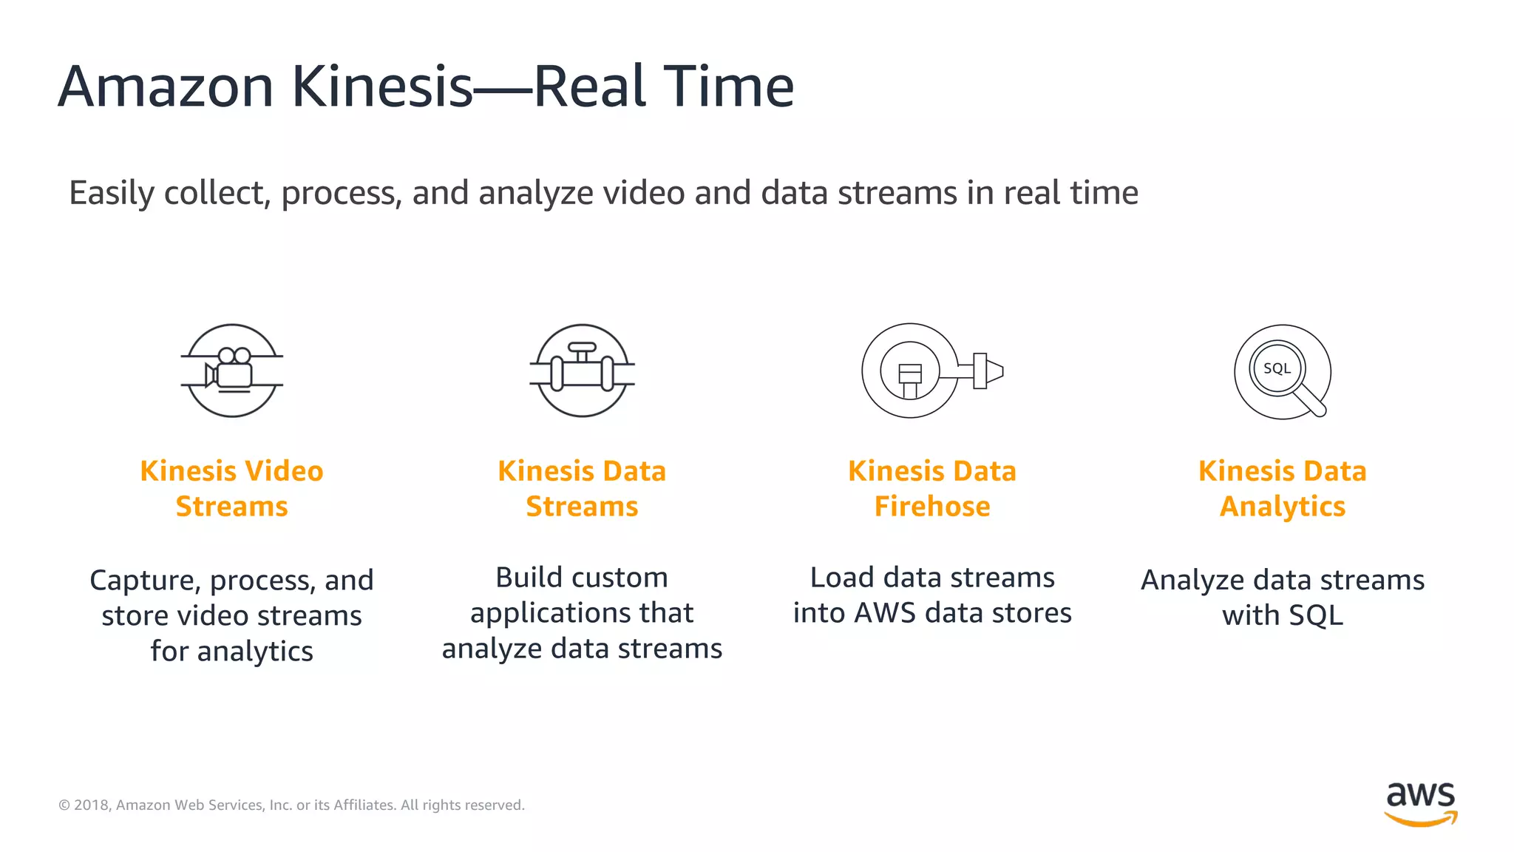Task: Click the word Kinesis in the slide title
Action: point(381,87)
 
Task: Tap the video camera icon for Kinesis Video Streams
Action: point(231,370)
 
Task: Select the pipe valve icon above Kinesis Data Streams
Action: point(582,370)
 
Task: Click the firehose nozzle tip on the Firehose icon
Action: point(993,370)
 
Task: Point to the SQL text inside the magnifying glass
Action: point(1277,368)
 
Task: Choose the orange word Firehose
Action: point(932,507)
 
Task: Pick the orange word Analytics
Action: point(1283,507)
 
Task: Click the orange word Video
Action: point(284,471)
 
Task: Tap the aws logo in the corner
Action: point(1420,802)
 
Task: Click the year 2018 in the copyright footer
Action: point(92,805)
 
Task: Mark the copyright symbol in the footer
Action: point(64,805)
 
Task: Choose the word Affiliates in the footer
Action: point(364,805)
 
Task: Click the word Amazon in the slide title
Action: point(166,87)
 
